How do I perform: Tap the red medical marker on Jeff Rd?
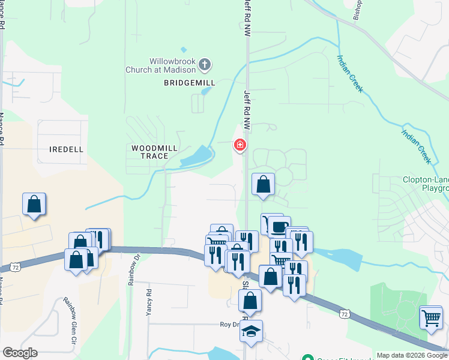[x=240, y=145]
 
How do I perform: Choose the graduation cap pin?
[x=252, y=330]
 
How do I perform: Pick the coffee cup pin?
[x=279, y=227]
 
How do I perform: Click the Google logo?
[x=20, y=353]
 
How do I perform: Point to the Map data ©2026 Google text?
[x=411, y=355]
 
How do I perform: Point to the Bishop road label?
[x=358, y=9]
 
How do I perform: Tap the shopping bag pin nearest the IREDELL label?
[x=34, y=204]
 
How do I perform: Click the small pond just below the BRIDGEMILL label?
[x=206, y=92]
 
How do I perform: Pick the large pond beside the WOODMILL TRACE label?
[x=196, y=157]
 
